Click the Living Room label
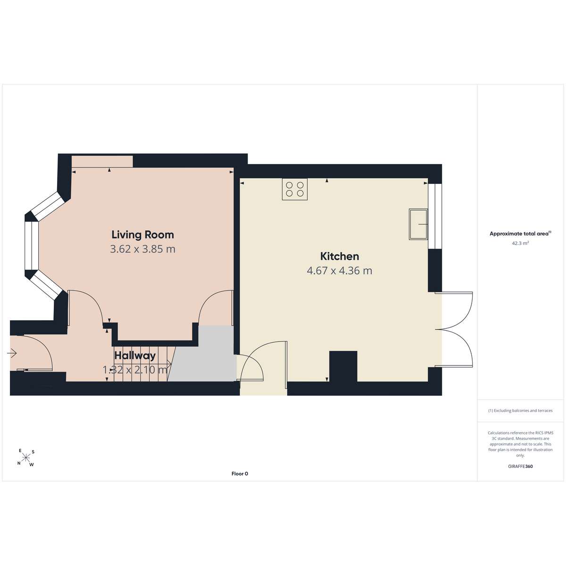click(x=143, y=235)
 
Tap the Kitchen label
click(x=340, y=257)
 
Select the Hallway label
click(x=135, y=356)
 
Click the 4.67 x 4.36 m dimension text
click(x=340, y=271)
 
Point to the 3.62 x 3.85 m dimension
click(x=143, y=249)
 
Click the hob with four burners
click(x=295, y=189)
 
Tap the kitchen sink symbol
click(x=418, y=225)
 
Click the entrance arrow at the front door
click(x=13, y=353)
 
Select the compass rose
click(x=26, y=458)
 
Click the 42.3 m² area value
click(x=520, y=243)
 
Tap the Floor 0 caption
click(x=240, y=474)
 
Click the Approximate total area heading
click(x=520, y=234)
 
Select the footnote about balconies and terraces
click(x=520, y=411)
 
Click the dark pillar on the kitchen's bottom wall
click(x=343, y=366)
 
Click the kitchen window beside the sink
click(x=435, y=216)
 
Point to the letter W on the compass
click(x=32, y=465)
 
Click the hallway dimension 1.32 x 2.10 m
click(x=135, y=369)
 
